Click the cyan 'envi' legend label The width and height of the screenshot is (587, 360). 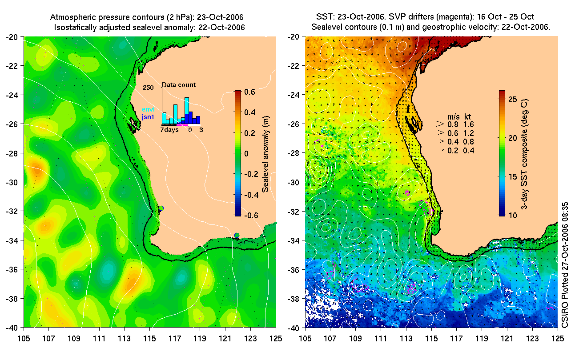148,109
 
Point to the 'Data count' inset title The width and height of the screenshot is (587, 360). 178,85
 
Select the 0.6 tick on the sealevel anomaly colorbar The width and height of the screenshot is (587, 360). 249,92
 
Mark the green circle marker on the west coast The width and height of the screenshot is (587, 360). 161,208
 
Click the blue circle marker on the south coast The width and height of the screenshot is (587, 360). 237,235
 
